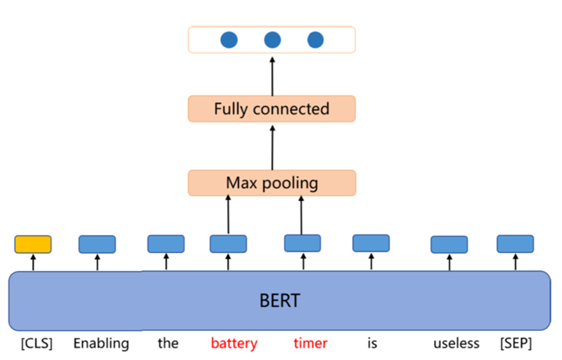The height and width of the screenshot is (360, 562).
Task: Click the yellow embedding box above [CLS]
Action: point(33,244)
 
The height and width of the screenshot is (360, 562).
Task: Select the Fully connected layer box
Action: point(272,109)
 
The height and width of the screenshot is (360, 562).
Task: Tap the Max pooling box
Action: point(272,183)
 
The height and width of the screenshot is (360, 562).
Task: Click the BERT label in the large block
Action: point(279,299)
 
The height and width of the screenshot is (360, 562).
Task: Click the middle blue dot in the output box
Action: point(272,40)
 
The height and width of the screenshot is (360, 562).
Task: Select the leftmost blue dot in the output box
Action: point(229,40)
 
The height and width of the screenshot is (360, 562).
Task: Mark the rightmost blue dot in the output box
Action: point(315,40)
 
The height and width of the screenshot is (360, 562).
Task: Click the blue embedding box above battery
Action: point(228,244)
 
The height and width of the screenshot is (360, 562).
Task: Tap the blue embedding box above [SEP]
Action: point(515,244)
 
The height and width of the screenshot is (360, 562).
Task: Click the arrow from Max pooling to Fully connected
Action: point(272,146)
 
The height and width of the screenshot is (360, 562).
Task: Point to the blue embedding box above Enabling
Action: point(97,244)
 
